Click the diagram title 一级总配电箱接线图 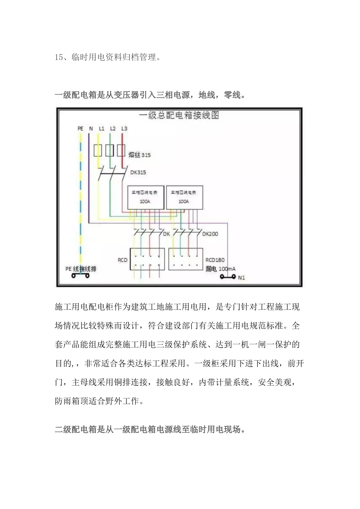(x=179, y=115)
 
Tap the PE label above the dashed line (x=80, y=128)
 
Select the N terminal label (x=91, y=128)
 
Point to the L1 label (x=102, y=128)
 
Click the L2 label (x=113, y=128)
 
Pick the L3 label (x=124, y=128)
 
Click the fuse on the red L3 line (x=121, y=150)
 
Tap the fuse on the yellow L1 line (x=98, y=150)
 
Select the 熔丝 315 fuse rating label (x=139, y=155)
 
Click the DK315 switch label (x=138, y=172)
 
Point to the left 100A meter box (x=145, y=197)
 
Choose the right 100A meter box (x=184, y=197)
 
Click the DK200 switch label (x=210, y=234)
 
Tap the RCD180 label (x=215, y=260)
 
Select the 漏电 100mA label (x=220, y=269)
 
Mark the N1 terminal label (x=241, y=278)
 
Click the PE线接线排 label (x=81, y=269)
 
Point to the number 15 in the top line (x=59, y=58)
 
